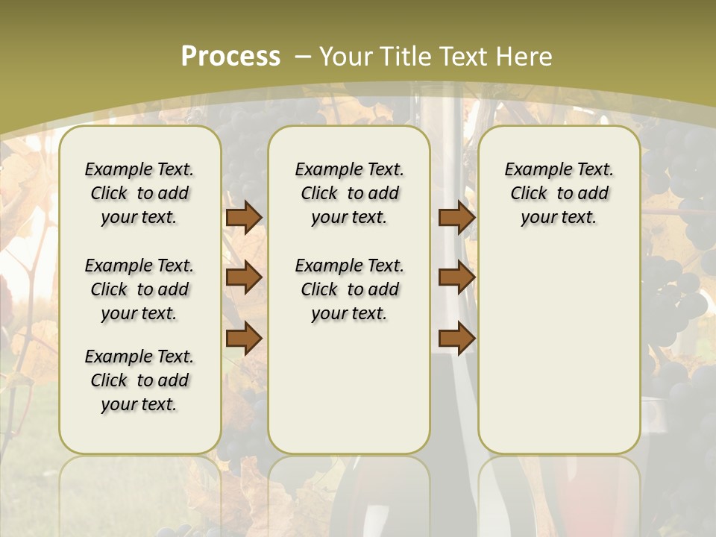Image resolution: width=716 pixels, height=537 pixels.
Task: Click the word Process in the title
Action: point(230,56)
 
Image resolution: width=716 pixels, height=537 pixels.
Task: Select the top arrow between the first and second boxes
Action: point(244,217)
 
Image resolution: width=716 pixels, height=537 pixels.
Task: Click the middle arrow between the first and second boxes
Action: point(244,277)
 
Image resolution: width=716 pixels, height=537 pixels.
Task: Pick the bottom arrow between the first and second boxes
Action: point(244,339)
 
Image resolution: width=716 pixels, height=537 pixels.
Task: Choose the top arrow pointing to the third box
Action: point(456,217)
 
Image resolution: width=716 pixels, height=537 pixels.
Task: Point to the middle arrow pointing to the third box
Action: point(456,277)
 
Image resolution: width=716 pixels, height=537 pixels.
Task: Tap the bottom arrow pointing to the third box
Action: point(456,339)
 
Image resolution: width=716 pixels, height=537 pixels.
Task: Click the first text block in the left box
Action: point(139,193)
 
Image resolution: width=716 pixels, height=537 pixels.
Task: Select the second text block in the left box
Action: point(139,289)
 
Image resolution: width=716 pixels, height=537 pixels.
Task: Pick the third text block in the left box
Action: point(139,380)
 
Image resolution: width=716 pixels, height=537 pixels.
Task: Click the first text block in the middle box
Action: point(349,193)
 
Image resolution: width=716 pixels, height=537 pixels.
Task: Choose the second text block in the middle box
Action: point(349,289)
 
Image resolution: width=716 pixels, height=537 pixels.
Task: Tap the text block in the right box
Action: point(559,193)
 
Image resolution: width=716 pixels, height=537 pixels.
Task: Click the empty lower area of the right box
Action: point(559,351)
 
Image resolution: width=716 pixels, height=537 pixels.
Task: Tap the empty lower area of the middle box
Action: point(349,388)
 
